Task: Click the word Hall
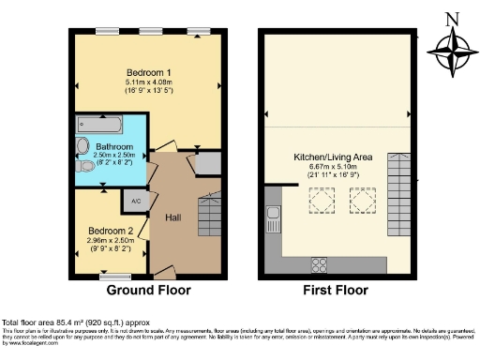pyautogui.click(x=173, y=217)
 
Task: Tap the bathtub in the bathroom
pyautogui.click(x=97, y=124)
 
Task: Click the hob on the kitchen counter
pyautogui.click(x=317, y=263)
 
